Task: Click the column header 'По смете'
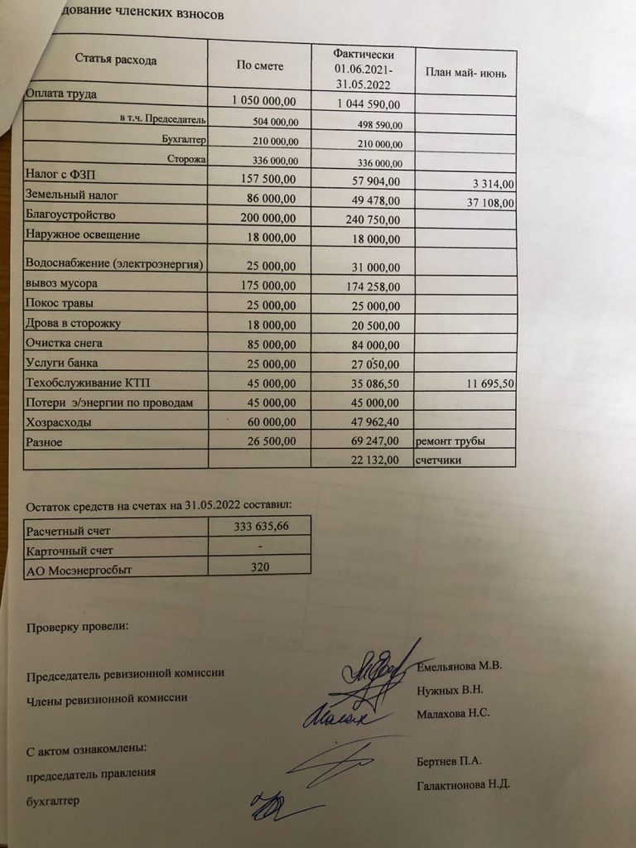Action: point(260,66)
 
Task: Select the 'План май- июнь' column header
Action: point(465,73)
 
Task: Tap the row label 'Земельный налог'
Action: point(73,195)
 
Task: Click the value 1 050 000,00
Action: point(263,101)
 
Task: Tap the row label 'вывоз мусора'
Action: point(63,283)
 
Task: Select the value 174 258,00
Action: point(370,287)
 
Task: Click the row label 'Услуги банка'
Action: point(65,362)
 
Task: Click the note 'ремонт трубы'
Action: point(450,442)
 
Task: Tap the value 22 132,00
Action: point(370,460)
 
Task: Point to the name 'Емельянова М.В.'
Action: point(460,667)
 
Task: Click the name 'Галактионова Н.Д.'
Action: point(464,784)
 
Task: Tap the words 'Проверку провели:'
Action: point(78,627)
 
